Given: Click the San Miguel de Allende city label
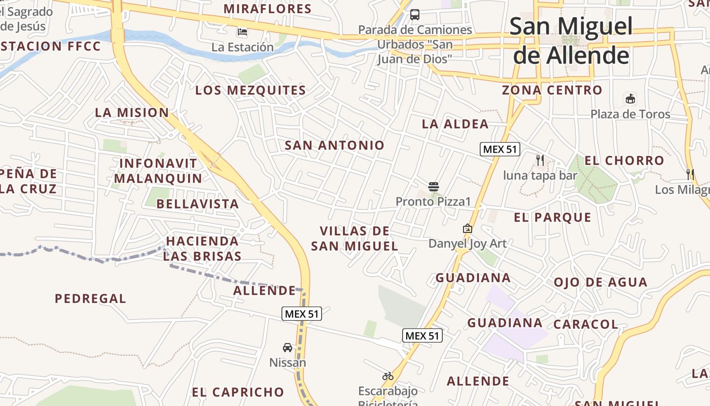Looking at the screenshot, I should [571, 41].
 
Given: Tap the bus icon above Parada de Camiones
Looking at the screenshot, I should [415, 14].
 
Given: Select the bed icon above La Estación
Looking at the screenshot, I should [242, 32].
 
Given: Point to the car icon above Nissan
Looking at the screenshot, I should [288, 348].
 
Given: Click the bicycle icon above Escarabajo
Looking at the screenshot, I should [388, 376].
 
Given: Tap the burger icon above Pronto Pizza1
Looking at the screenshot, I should [433, 187].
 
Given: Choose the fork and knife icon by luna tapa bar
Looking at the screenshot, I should [540, 160].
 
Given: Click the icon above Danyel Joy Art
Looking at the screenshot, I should [468, 228].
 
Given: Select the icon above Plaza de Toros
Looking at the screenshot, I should [630, 98].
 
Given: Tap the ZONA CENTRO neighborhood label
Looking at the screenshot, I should [552, 90].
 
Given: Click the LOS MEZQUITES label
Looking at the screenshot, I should [251, 90].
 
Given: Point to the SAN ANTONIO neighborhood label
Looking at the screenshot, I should [335, 145].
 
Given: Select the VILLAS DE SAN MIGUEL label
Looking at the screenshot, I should [354, 239].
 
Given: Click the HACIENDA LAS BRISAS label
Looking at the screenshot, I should [202, 248].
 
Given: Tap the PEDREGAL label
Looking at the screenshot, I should [90, 298].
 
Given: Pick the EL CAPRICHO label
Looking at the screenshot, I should [238, 392].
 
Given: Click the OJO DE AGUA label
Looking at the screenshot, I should [600, 282].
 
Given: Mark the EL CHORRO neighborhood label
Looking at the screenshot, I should [624, 160].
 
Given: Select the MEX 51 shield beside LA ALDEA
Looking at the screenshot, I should [500, 149].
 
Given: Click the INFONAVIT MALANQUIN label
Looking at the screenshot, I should [158, 171].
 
